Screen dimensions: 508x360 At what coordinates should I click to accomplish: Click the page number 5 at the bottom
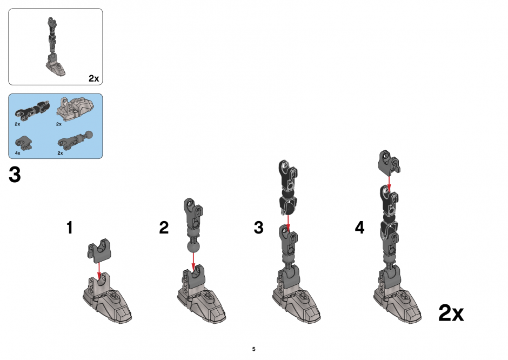click(x=253, y=349)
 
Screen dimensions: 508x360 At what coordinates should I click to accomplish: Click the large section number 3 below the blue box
click(x=15, y=175)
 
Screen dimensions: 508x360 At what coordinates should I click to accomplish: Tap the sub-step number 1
click(x=70, y=228)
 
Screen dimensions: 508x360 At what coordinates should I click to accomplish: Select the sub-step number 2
click(x=164, y=228)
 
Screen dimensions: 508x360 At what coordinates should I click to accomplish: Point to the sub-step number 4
click(x=359, y=228)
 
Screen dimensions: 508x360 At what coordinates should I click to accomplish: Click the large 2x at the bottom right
click(x=451, y=313)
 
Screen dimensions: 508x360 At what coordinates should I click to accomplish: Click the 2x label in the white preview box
click(x=93, y=78)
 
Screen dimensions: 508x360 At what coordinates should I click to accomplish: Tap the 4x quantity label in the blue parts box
click(x=17, y=153)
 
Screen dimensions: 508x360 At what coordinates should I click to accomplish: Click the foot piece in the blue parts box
click(x=75, y=108)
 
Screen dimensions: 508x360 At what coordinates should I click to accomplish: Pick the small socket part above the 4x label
click(x=24, y=143)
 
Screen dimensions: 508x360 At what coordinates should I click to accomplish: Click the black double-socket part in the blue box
click(x=32, y=109)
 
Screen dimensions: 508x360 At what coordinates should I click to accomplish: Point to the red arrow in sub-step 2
click(x=193, y=261)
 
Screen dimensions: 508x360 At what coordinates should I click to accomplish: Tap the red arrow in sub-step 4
click(x=389, y=182)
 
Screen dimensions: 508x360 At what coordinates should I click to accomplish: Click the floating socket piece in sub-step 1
click(x=99, y=251)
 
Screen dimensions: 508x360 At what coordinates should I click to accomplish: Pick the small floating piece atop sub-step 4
click(x=389, y=162)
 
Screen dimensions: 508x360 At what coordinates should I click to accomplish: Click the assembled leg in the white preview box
click(x=54, y=47)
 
